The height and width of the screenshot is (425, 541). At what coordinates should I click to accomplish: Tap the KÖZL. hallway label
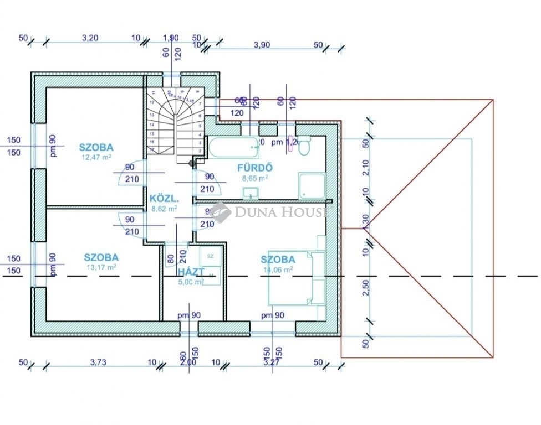click(164, 199)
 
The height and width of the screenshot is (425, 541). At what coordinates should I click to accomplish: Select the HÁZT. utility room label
click(191, 272)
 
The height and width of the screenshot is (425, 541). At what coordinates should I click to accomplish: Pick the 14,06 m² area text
click(278, 269)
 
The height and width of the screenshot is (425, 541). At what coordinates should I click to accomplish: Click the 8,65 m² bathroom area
click(255, 178)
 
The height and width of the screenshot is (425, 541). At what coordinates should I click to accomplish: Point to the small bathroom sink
click(251, 193)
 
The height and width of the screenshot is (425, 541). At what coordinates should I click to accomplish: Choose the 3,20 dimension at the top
click(90, 38)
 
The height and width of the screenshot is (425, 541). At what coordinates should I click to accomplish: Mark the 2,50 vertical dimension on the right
click(365, 288)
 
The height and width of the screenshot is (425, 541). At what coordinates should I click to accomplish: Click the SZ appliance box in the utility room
click(210, 256)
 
